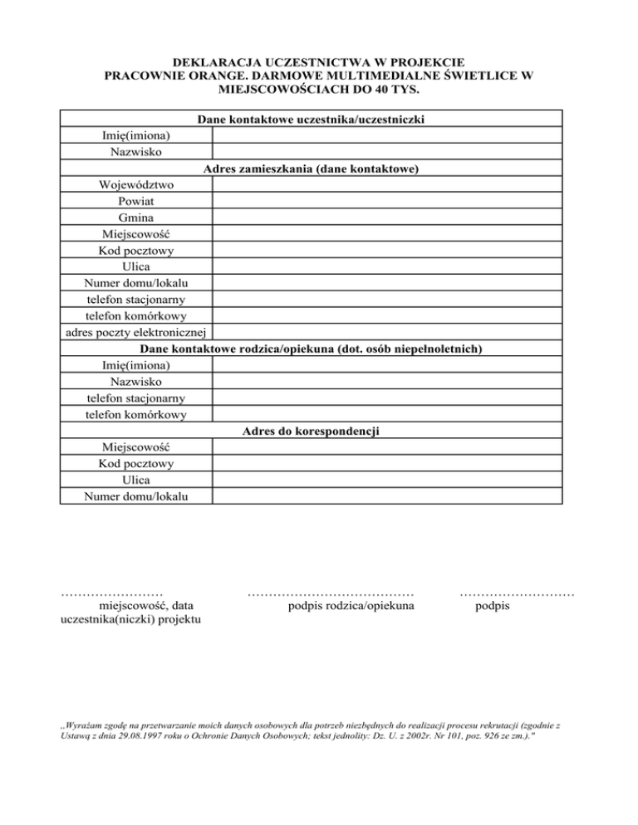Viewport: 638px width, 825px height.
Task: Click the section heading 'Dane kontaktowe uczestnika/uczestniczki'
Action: coord(312,120)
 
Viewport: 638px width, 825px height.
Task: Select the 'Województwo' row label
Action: coord(135,185)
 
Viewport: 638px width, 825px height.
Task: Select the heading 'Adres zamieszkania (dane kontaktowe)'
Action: coord(310,169)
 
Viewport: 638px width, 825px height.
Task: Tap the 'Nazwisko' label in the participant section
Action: coord(135,152)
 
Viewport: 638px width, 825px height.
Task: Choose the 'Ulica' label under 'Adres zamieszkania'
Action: coord(135,266)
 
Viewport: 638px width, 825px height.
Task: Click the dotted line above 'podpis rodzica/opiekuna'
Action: coord(331,594)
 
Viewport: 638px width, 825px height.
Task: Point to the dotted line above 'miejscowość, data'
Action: coord(111,594)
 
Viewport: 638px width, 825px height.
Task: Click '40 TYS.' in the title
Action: coord(398,89)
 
